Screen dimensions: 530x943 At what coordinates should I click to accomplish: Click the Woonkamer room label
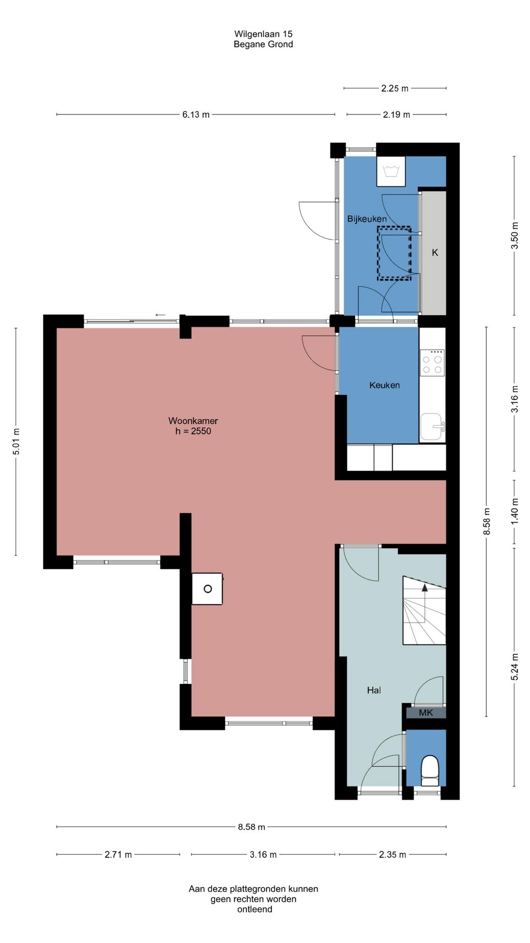(193, 420)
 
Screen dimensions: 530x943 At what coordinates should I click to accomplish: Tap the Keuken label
(384, 385)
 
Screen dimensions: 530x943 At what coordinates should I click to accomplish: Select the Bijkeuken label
(367, 219)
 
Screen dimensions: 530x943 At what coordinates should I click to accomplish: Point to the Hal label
(373, 690)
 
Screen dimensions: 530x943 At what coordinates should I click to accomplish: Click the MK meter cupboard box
(425, 712)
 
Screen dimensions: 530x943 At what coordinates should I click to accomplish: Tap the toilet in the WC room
(430, 771)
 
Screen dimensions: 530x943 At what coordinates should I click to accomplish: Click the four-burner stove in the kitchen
(432, 363)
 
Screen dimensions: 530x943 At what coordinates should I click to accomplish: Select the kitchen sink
(432, 427)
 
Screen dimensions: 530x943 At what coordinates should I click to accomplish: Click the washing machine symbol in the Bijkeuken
(391, 171)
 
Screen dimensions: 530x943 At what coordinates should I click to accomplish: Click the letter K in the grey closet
(435, 252)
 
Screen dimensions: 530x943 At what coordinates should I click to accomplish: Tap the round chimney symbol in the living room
(208, 588)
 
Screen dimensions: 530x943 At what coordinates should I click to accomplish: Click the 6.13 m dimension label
(196, 114)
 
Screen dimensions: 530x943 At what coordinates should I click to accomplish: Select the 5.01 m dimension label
(16, 442)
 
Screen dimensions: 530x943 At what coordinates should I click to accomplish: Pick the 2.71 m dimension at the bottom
(118, 855)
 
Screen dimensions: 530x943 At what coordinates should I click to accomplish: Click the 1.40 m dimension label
(515, 511)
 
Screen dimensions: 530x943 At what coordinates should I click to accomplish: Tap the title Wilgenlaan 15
(263, 34)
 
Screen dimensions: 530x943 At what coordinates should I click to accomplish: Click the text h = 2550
(193, 431)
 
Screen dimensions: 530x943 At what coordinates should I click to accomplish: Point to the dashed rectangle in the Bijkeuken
(394, 253)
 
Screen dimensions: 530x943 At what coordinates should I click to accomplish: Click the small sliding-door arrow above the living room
(160, 315)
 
